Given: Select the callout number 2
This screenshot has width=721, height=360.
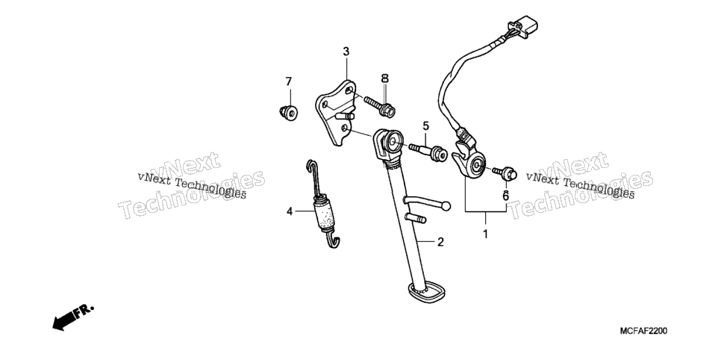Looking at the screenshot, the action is tap(440, 242).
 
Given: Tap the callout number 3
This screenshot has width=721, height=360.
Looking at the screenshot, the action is tap(346, 52).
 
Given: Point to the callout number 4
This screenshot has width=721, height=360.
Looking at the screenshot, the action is tap(290, 211).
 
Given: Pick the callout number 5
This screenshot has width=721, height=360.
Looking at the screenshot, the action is tap(425, 125).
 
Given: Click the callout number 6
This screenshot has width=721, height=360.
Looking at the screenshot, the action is tap(505, 196).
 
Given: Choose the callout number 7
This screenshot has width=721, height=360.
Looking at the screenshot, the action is tap(288, 81).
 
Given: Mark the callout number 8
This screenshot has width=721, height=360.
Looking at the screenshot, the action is tap(385, 78).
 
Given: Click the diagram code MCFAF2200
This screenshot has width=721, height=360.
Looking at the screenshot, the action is tap(643, 331).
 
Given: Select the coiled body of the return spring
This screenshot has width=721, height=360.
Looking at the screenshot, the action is tap(325, 214).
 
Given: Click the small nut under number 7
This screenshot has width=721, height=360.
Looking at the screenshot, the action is tap(289, 112).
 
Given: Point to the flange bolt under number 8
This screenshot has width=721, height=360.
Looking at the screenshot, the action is tap(380, 106).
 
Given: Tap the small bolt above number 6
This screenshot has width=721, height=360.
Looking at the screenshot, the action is tap(505, 173).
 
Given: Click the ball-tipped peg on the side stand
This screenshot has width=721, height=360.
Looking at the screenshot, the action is tap(426, 202).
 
